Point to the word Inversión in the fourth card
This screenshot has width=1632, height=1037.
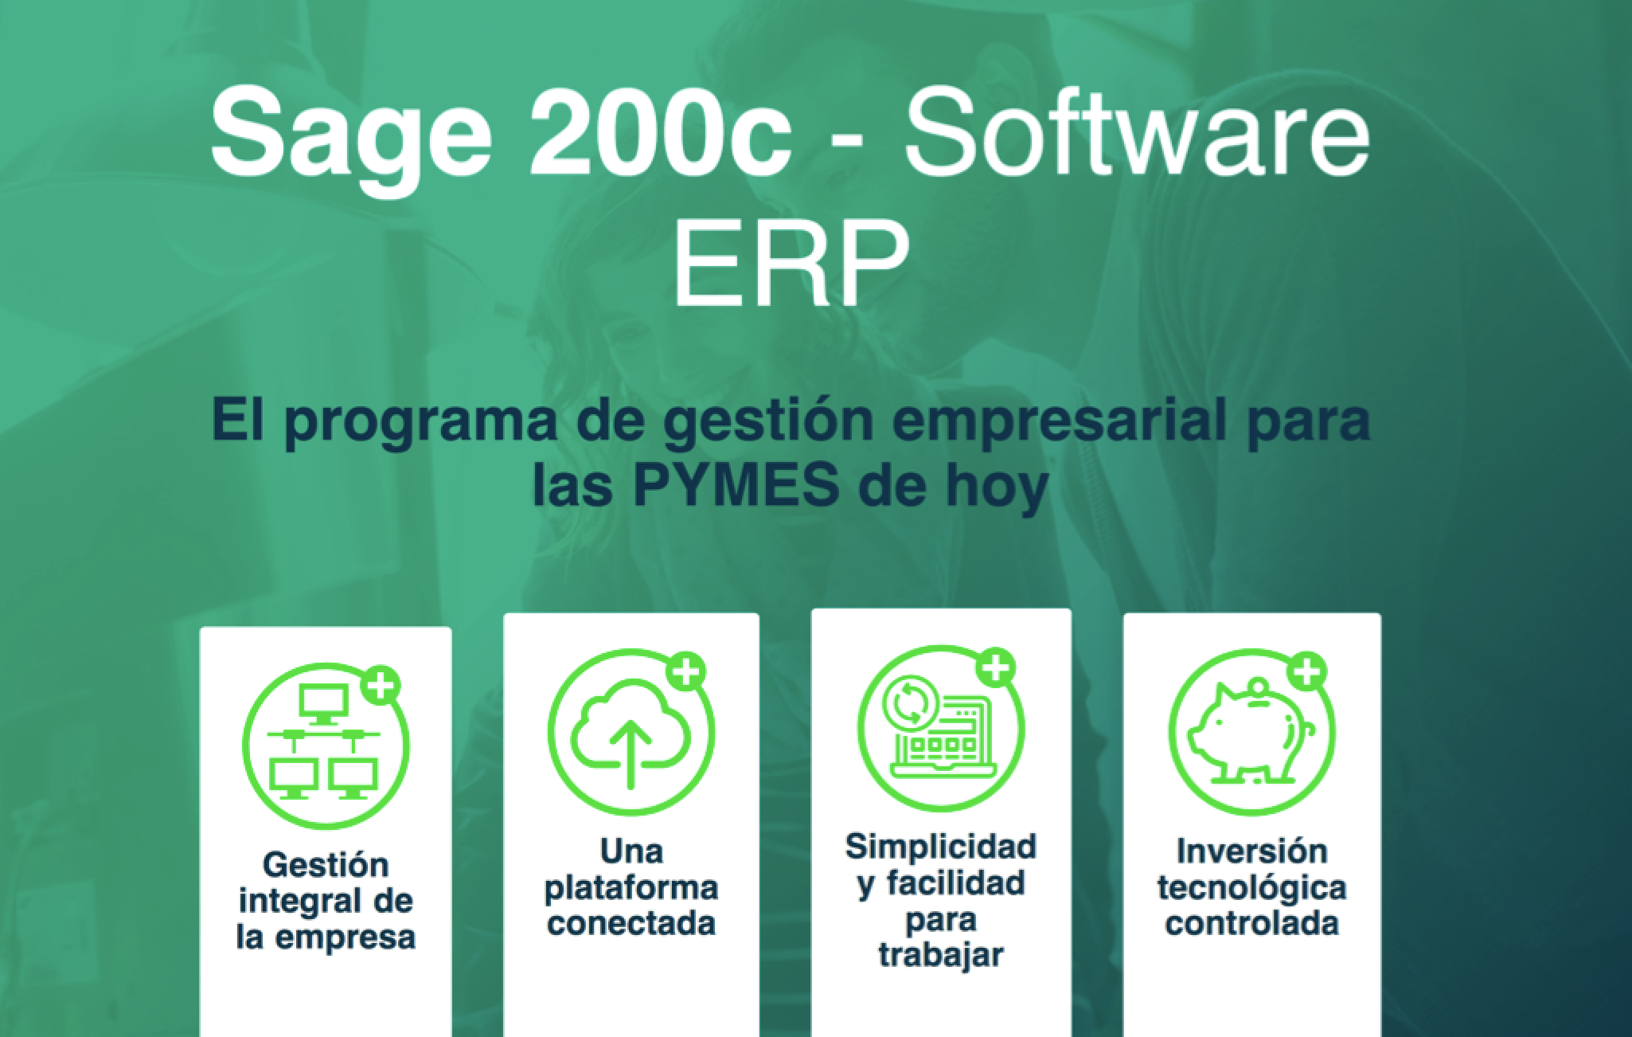coord(1252,851)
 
